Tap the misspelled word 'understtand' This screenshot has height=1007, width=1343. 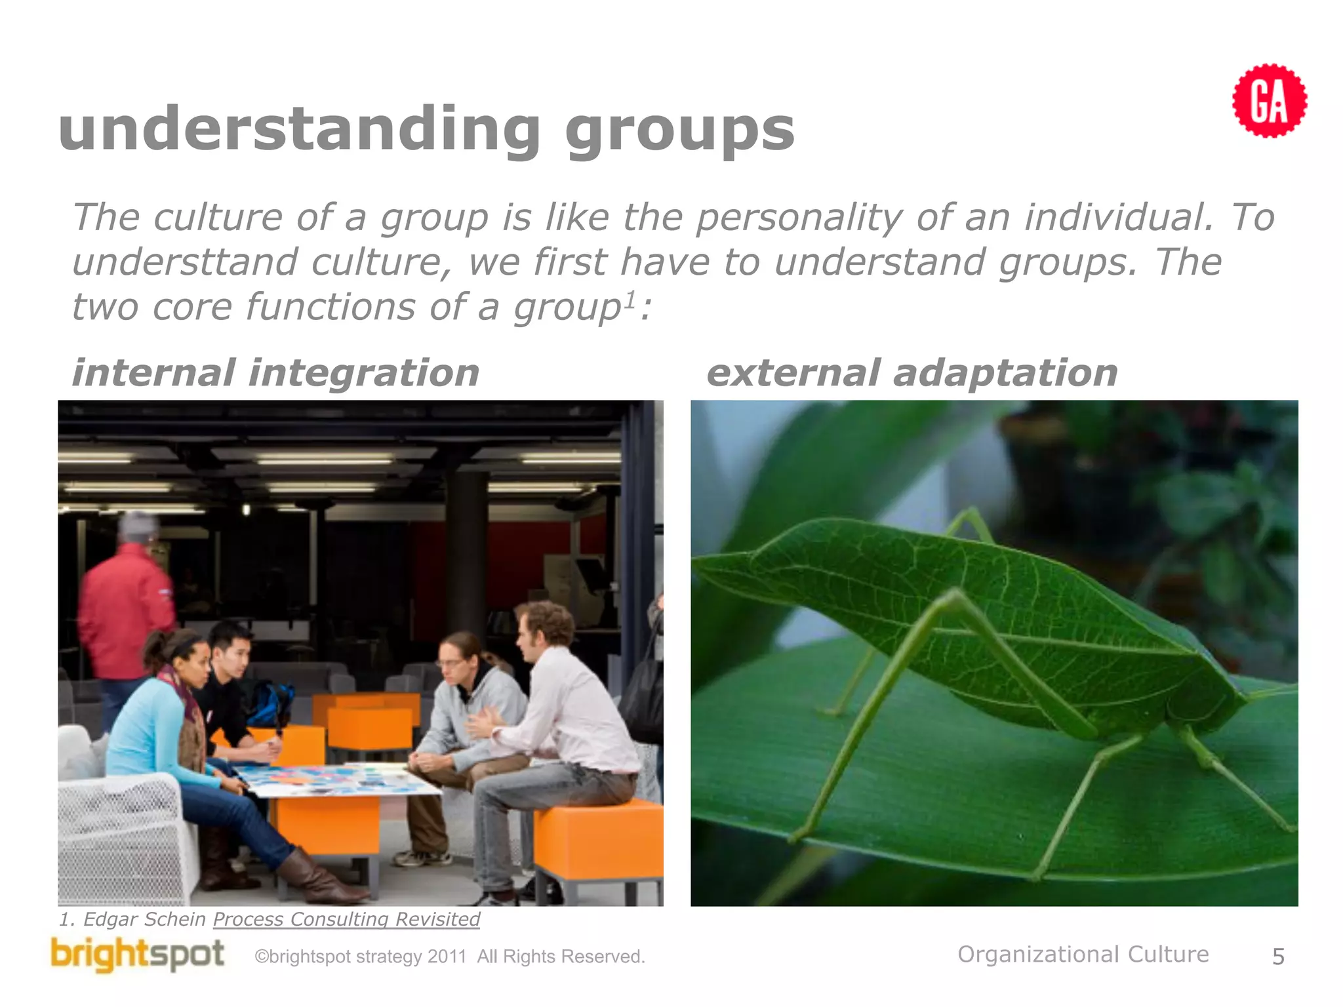click(185, 262)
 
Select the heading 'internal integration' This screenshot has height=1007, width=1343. click(275, 373)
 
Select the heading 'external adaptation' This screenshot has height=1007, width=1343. click(912, 373)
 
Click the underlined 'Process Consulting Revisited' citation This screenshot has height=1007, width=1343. click(346, 919)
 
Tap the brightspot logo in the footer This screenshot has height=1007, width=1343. click(138, 955)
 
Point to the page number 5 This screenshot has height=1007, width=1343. click(1278, 957)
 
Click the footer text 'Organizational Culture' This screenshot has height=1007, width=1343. click(1083, 955)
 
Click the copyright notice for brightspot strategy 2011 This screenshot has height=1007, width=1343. click(450, 957)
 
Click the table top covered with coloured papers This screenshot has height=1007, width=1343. click(334, 780)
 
